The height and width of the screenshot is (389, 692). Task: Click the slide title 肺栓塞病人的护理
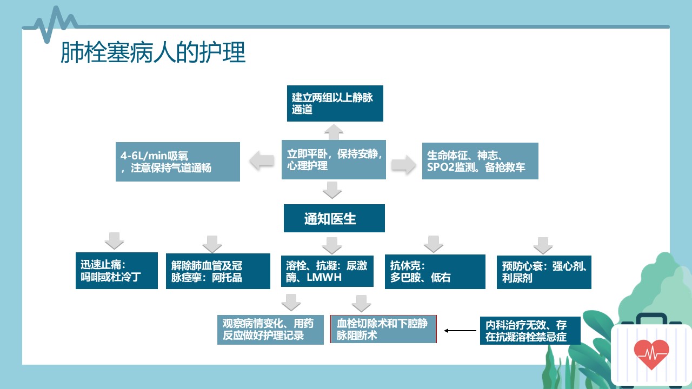(153, 52)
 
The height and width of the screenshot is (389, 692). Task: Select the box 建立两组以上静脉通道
(335, 103)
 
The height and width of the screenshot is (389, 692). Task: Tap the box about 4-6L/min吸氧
(178, 162)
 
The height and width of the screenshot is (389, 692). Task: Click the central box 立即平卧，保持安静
(334, 159)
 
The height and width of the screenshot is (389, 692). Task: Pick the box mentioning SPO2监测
(480, 161)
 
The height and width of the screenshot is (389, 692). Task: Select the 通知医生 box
(334, 218)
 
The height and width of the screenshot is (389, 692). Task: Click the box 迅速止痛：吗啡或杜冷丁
(116, 271)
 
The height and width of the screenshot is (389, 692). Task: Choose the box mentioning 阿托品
(218, 271)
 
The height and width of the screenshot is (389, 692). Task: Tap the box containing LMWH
(327, 271)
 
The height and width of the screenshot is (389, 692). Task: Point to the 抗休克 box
(435, 272)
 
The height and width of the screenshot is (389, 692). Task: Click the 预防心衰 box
(544, 272)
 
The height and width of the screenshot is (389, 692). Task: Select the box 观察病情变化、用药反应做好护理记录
(270, 330)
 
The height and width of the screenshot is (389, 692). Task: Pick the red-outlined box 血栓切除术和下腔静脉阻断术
(383, 329)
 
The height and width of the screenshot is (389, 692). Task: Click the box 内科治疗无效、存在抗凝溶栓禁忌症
(530, 331)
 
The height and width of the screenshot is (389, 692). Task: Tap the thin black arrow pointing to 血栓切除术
(460, 331)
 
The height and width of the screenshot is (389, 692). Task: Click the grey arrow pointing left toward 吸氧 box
(262, 161)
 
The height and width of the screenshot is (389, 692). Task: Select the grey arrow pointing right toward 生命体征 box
(404, 165)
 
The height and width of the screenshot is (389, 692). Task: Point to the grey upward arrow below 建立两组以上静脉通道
(334, 132)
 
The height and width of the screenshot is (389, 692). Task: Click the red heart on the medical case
(651, 354)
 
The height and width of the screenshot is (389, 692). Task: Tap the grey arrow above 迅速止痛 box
(114, 241)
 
